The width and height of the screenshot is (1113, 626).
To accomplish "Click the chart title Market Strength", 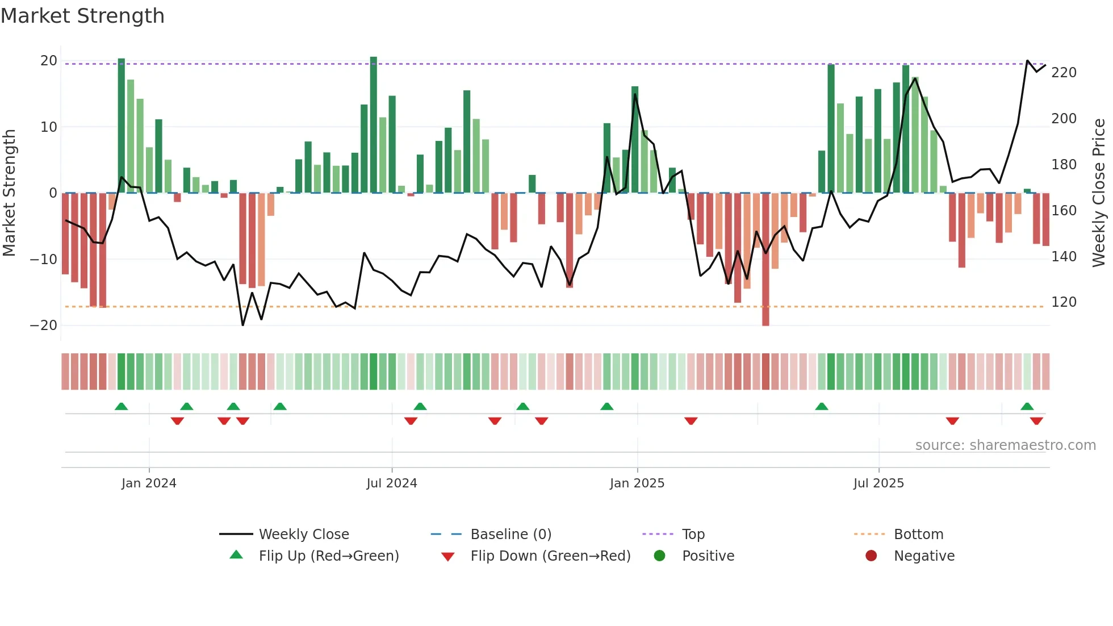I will tap(82, 16).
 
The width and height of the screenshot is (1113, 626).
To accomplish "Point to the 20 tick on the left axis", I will tap(49, 61).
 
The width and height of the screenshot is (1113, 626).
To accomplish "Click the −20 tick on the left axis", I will tap(44, 325).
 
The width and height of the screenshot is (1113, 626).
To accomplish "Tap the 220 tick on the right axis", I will tap(1064, 73).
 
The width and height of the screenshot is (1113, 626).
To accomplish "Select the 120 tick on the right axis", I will tap(1064, 302).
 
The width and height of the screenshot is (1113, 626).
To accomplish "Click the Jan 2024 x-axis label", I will tap(149, 483).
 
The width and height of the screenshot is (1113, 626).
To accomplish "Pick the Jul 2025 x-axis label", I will tap(878, 483).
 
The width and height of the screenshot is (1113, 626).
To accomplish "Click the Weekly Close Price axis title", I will tap(1099, 193).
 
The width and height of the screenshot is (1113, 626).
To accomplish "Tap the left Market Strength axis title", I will tap(10, 193).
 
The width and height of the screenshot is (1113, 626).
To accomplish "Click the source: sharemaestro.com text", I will tap(1005, 445).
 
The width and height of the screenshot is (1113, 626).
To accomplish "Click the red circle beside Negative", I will tap(871, 556).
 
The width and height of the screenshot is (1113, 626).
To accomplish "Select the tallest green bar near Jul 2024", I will tap(373, 125).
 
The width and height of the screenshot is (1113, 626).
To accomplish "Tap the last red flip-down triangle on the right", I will tap(1036, 421).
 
